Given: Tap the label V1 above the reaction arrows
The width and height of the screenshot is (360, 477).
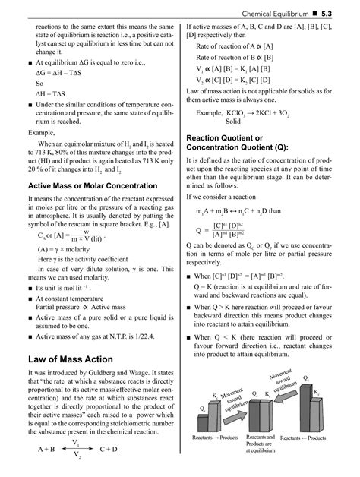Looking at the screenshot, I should pyautogui.click(x=76, y=443).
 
